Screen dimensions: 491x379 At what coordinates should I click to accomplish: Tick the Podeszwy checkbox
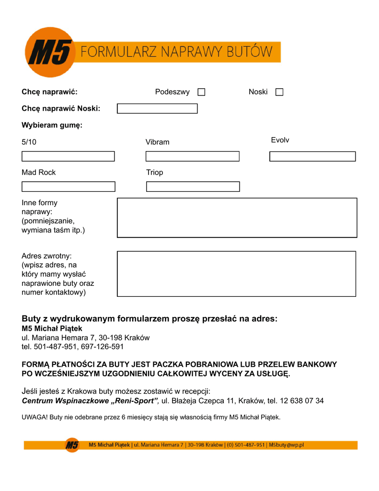click(x=201, y=92)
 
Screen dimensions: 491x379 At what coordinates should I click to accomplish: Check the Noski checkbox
click(x=279, y=92)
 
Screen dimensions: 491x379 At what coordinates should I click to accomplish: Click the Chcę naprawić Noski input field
click(x=157, y=108)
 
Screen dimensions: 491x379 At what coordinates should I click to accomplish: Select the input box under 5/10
click(x=68, y=156)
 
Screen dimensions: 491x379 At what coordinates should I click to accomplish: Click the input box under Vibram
click(x=192, y=156)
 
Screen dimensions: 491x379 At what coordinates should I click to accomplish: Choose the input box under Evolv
click(x=312, y=156)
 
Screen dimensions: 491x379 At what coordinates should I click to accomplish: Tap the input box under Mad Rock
click(x=68, y=187)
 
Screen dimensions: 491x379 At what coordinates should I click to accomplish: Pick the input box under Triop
click(x=193, y=187)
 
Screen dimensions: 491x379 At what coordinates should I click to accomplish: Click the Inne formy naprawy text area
click(x=237, y=218)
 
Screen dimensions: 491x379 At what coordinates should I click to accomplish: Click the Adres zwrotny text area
click(x=237, y=274)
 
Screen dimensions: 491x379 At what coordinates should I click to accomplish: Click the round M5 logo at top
click(x=50, y=52)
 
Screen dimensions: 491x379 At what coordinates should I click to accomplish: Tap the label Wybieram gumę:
click(x=52, y=126)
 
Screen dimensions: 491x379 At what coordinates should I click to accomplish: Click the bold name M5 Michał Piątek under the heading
click(x=52, y=328)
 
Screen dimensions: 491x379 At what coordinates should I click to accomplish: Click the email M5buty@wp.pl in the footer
click(x=286, y=445)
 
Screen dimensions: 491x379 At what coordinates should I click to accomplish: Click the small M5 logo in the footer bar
click(x=72, y=445)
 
